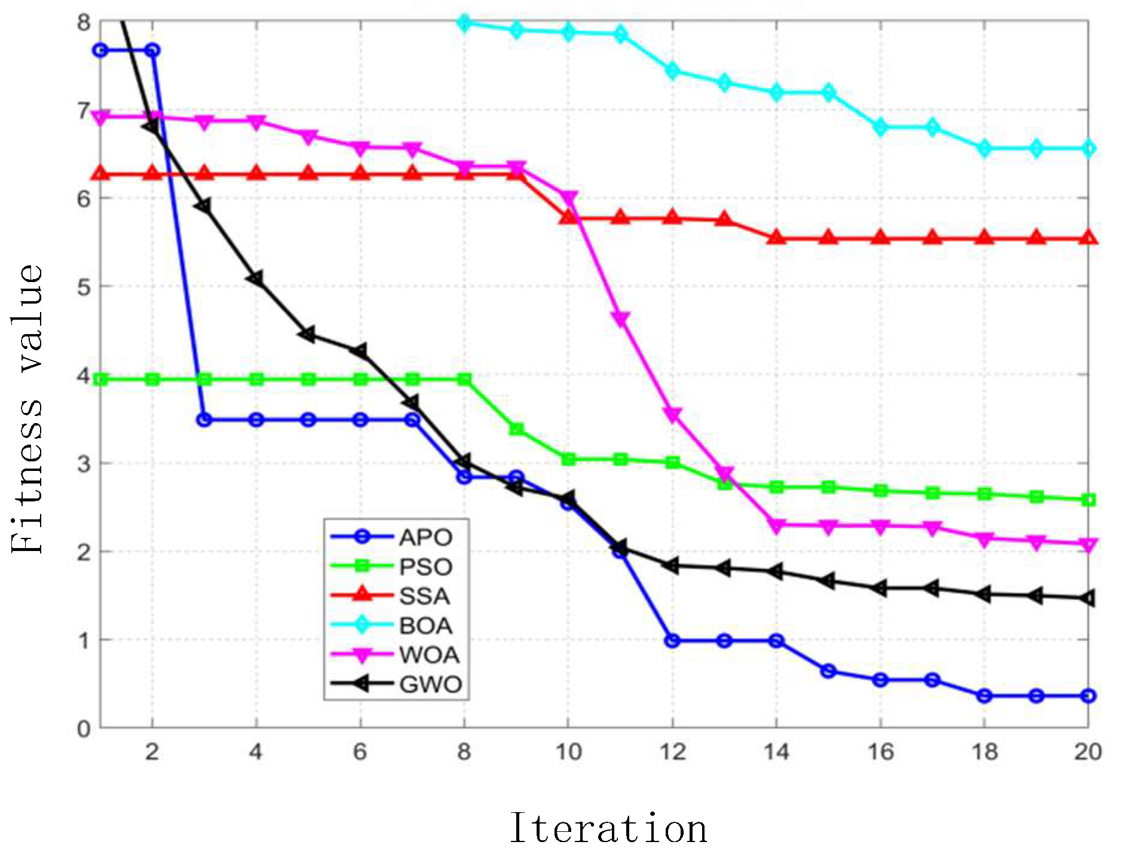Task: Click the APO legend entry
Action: click(x=425, y=537)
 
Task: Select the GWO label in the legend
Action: click(x=431, y=684)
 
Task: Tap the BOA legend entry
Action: click(x=426, y=626)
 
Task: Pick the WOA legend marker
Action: click(x=362, y=656)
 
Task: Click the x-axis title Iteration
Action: click(x=608, y=829)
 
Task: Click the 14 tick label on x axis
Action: click(x=776, y=752)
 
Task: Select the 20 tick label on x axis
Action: click(x=1088, y=752)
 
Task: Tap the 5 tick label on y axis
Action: click(x=84, y=287)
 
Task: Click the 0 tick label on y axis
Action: click(x=84, y=729)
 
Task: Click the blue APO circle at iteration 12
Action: click(x=672, y=641)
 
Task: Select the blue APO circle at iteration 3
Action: click(x=204, y=420)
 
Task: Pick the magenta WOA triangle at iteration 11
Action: click(x=620, y=319)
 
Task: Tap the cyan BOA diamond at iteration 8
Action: click(x=464, y=23)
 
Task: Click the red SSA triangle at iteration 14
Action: click(x=776, y=238)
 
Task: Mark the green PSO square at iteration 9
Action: click(x=516, y=429)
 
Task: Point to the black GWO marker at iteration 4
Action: click(x=256, y=278)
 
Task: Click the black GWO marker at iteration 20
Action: click(x=1088, y=598)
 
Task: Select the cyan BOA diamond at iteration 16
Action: click(x=880, y=127)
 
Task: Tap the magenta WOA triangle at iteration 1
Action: click(x=101, y=117)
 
